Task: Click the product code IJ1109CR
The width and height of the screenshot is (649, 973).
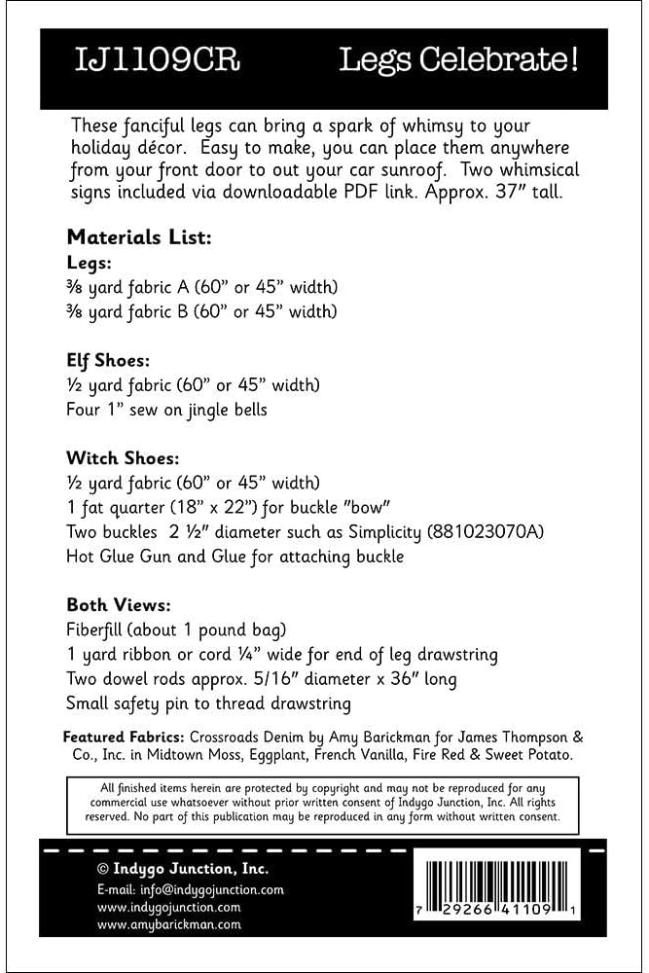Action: coord(157,62)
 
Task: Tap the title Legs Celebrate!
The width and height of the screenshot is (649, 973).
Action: coord(458,62)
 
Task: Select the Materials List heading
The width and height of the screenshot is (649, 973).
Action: coord(139,236)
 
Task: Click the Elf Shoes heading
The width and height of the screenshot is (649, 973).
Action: coord(109,360)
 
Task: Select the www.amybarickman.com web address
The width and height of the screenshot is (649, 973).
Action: coord(168,925)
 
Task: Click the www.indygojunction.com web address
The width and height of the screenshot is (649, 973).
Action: coord(168,908)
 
